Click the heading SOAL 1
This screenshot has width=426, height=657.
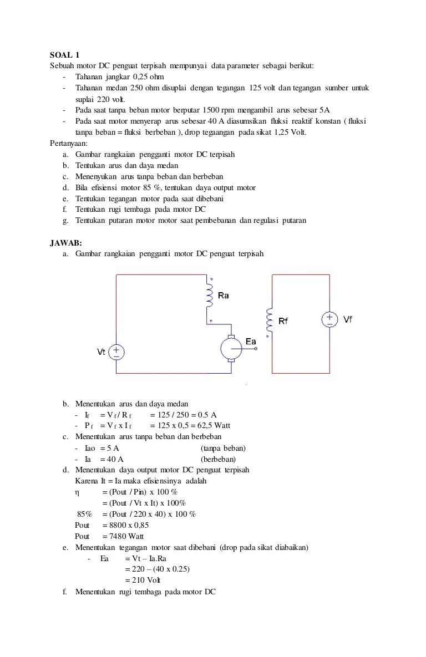pos(65,54)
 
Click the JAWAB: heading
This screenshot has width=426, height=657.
pos(66,242)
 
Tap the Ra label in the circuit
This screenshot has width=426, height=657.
pos(224,296)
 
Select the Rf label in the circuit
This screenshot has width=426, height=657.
pos(283,320)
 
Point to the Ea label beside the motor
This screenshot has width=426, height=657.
pos(251,342)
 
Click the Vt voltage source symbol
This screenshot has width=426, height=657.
pos(116,352)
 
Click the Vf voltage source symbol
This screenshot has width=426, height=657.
pos(329,320)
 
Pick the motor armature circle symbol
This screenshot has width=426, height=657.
pos(231,349)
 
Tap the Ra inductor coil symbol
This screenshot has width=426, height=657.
pos(210,297)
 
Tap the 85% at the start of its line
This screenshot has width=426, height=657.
pos(84,514)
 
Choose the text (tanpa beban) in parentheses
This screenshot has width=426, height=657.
pos(223,448)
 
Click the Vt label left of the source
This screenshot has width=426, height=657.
pos(102,352)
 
